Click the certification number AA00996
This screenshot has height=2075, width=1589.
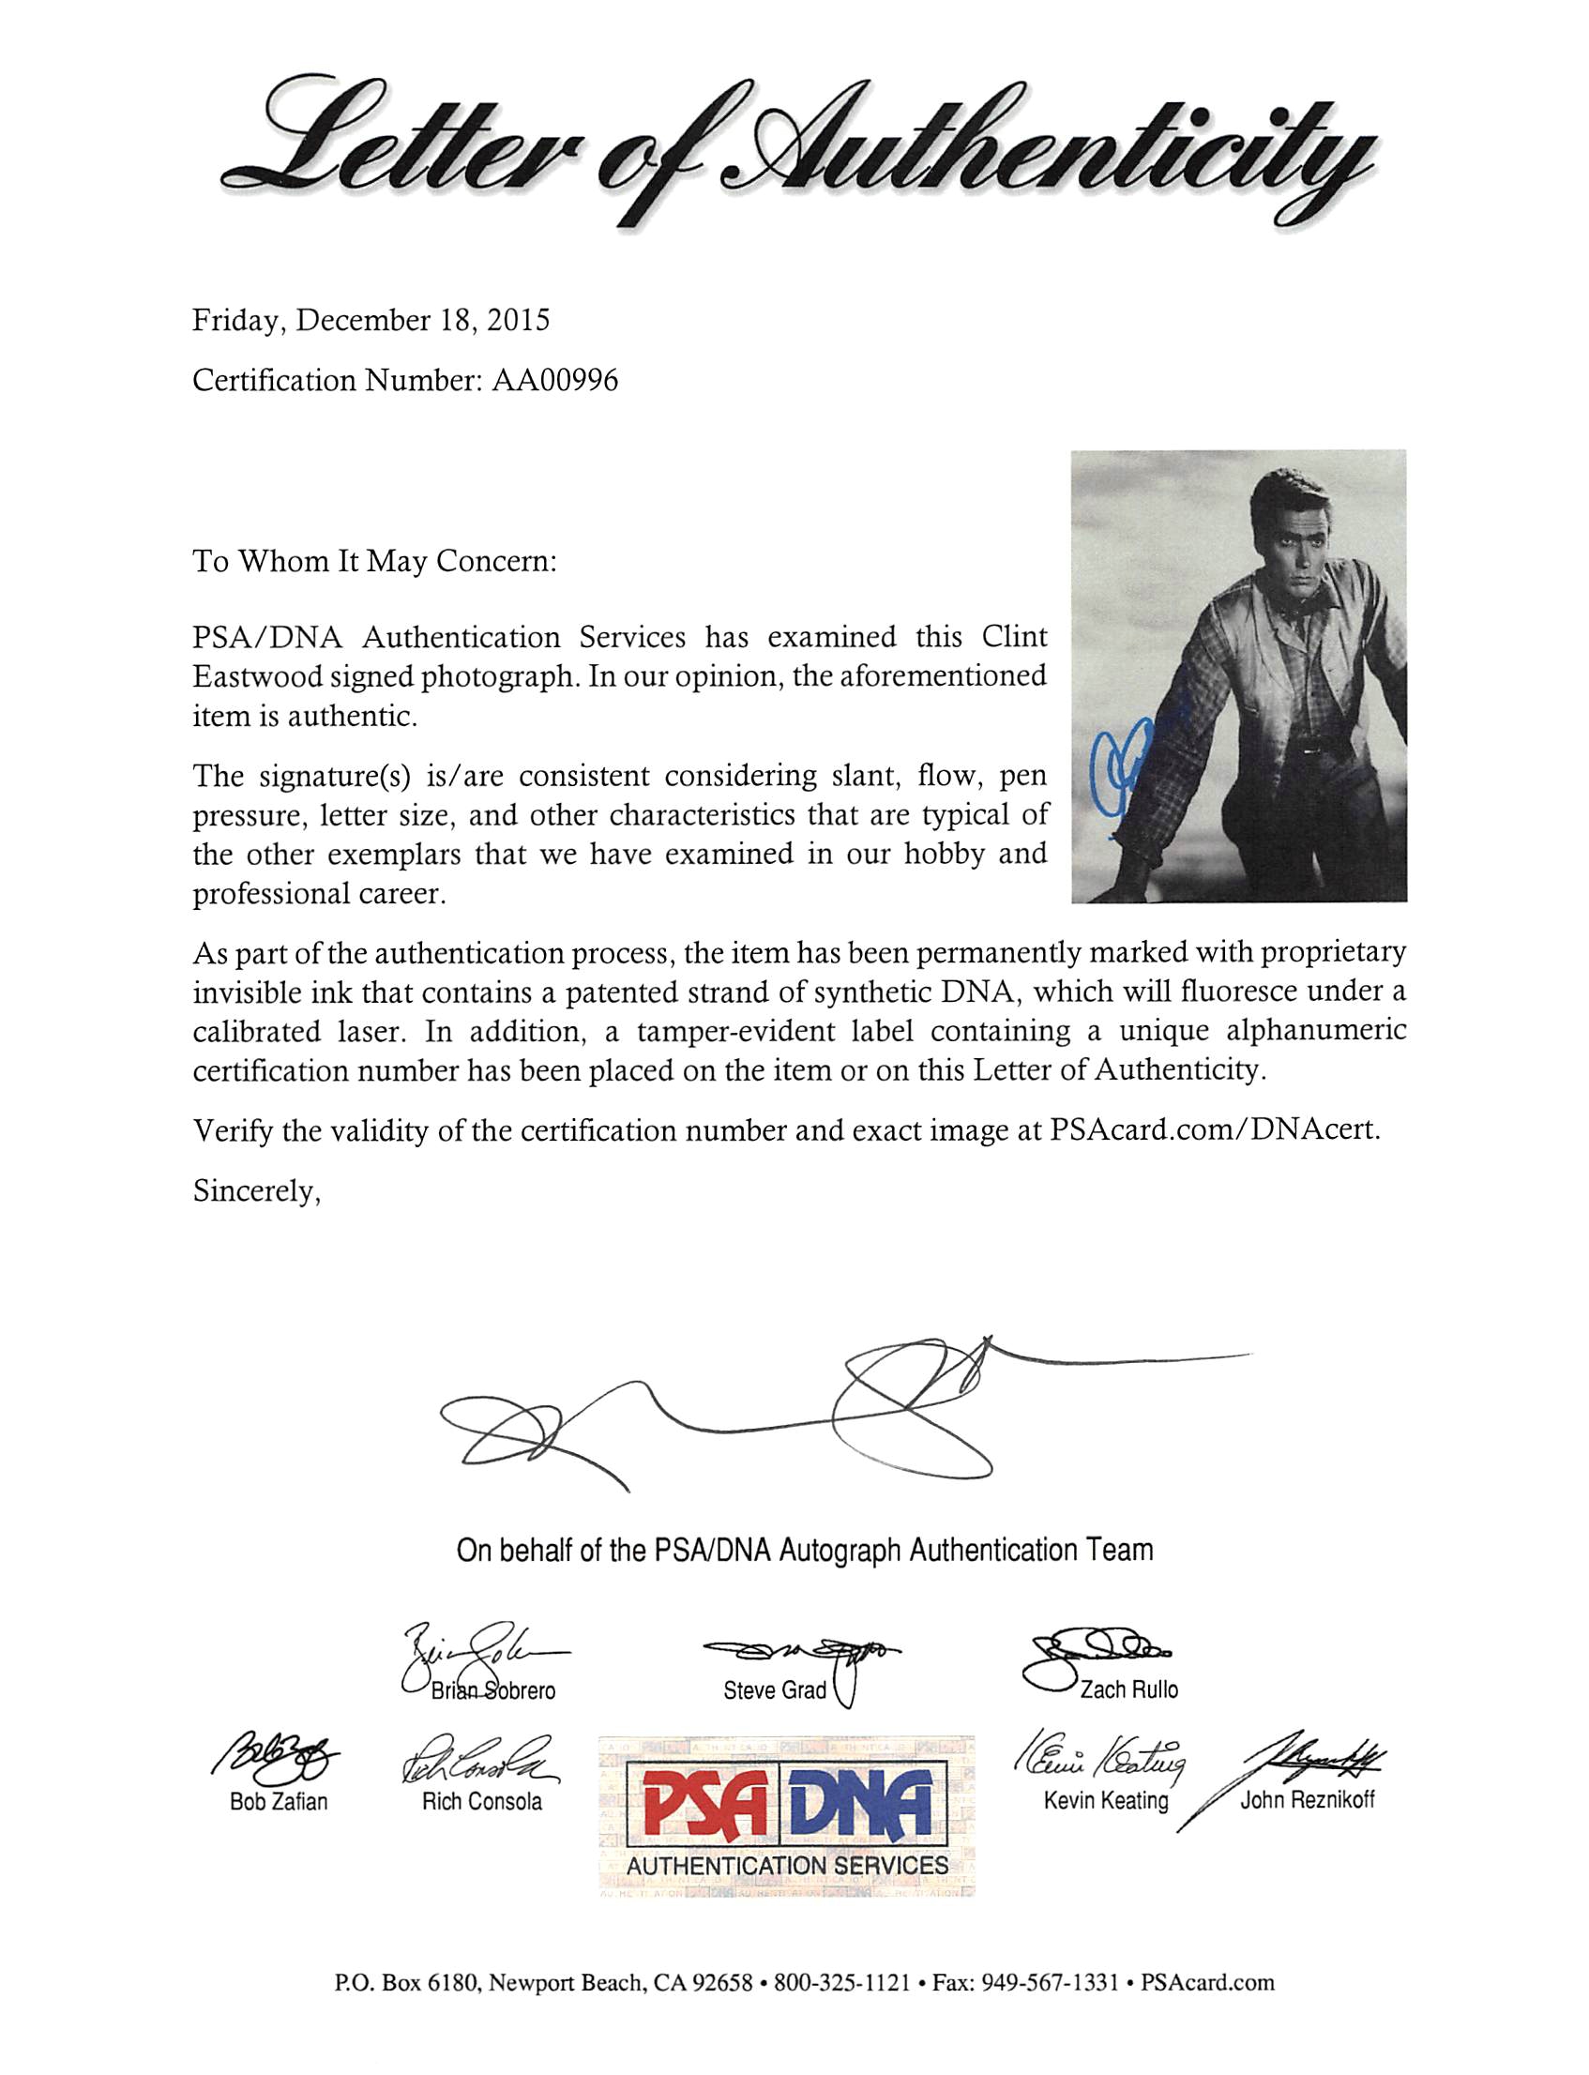(x=554, y=380)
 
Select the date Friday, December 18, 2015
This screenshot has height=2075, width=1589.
(x=371, y=321)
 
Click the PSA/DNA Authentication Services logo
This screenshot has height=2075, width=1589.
(x=787, y=1817)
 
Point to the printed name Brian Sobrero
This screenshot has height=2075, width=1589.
(x=492, y=1690)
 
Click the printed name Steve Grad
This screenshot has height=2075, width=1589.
(x=774, y=1689)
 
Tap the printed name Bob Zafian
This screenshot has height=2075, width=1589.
(x=278, y=1802)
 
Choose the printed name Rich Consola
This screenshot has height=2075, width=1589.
(x=481, y=1802)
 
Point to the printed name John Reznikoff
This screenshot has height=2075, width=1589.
(x=1308, y=1800)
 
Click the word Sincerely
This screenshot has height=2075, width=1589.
(x=256, y=1191)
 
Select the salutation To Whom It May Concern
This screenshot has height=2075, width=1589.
(x=374, y=562)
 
